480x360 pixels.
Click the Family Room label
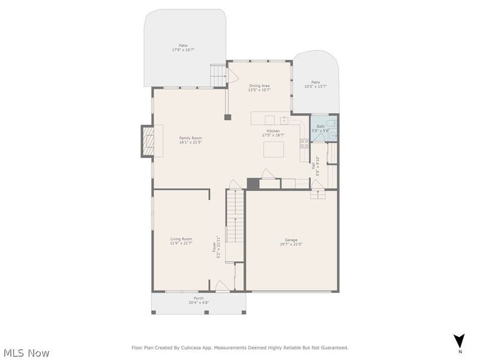pyautogui.click(x=190, y=138)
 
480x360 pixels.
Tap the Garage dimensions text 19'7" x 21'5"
pyautogui.click(x=291, y=244)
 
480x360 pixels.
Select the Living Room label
pyautogui.click(x=181, y=239)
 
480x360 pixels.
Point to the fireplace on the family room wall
pyautogui.click(x=148, y=141)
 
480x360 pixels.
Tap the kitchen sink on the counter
pyautogui.click(x=283, y=119)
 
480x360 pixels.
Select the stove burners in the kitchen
pyautogui.click(x=304, y=143)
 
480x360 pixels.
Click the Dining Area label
pyautogui.click(x=259, y=86)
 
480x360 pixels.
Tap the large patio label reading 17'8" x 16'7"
pyautogui.click(x=183, y=50)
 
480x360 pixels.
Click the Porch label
pyautogui.click(x=199, y=298)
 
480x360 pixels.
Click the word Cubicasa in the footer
pyautogui.click(x=201, y=347)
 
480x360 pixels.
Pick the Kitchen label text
pyautogui.click(x=273, y=131)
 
